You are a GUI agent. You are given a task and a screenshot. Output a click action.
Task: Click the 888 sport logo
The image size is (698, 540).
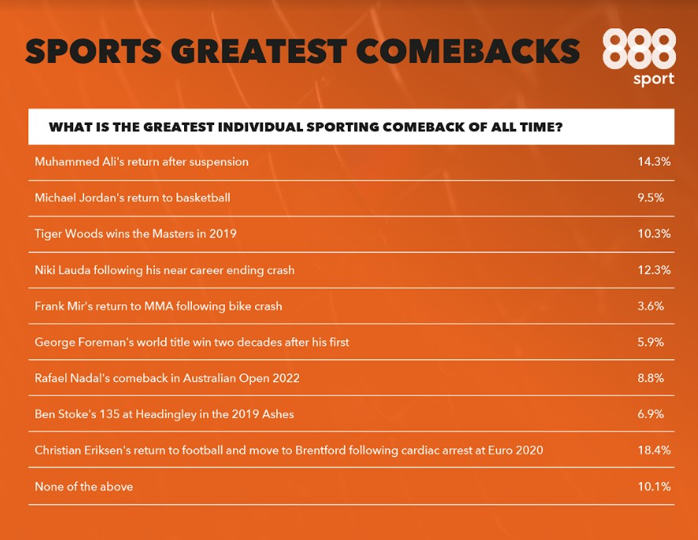click(x=639, y=57)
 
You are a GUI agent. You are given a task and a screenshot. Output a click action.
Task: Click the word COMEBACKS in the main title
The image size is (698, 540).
click(x=467, y=51)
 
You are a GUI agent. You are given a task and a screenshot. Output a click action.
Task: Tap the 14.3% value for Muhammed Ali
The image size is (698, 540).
click(x=654, y=161)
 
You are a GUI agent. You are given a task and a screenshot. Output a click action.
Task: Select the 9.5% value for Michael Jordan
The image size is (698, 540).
click(x=650, y=197)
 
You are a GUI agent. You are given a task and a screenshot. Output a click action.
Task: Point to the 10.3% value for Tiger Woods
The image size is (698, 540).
click(x=654, y=233)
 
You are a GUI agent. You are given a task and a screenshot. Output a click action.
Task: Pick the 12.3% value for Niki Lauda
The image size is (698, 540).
click(x=654, y=270)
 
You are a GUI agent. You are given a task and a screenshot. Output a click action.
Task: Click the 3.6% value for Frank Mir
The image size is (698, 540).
click(x=650, y=306)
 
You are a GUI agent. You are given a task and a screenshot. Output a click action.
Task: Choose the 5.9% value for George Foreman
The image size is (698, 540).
click(x=650, y=342)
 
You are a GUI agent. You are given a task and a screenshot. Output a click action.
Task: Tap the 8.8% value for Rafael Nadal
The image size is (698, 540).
click(x=650, y=378)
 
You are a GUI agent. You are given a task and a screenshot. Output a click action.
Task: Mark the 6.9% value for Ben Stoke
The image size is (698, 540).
click(x=650, y=414)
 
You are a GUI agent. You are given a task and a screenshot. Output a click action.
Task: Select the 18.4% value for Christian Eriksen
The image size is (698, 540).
click(x=654, y=450)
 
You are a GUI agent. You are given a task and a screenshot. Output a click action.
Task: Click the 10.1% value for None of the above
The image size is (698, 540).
click(x=654, y=487)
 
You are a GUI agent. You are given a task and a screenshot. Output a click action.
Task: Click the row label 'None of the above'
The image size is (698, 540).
click(x=83, y=487)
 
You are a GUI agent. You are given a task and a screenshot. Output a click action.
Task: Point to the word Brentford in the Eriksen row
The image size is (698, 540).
click(x=320, y=450)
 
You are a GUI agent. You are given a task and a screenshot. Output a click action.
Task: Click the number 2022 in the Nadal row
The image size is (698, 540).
click(x=286, y=378)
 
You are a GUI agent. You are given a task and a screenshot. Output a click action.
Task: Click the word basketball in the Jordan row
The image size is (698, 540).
click(x=203, y=197)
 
